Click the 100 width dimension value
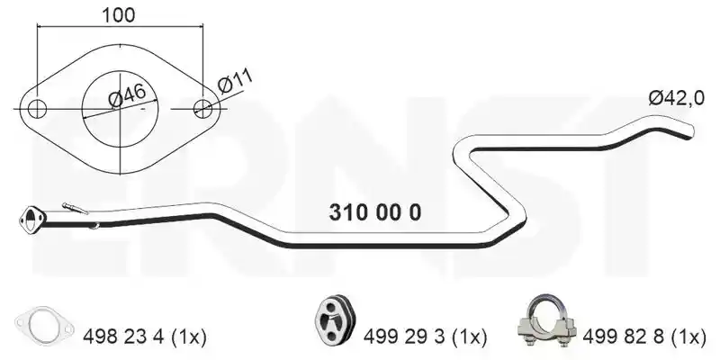coord(119,15)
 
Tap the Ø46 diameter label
coord(127,95)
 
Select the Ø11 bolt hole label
coord(235,82)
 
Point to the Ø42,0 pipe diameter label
coord(676,98)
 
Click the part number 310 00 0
coord(374,212)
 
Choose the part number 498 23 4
coord(123,337)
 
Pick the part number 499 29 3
coord(404,337)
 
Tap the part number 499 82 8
coord(623,337)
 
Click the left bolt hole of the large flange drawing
coord(37,109)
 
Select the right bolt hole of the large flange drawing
coord(202,108)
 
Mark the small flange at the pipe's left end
coord(32,220)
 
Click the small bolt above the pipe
coord(75,209)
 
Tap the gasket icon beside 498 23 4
coord(44,326)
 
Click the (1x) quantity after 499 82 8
coord(688,337)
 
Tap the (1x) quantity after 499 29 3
coord(468,337)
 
